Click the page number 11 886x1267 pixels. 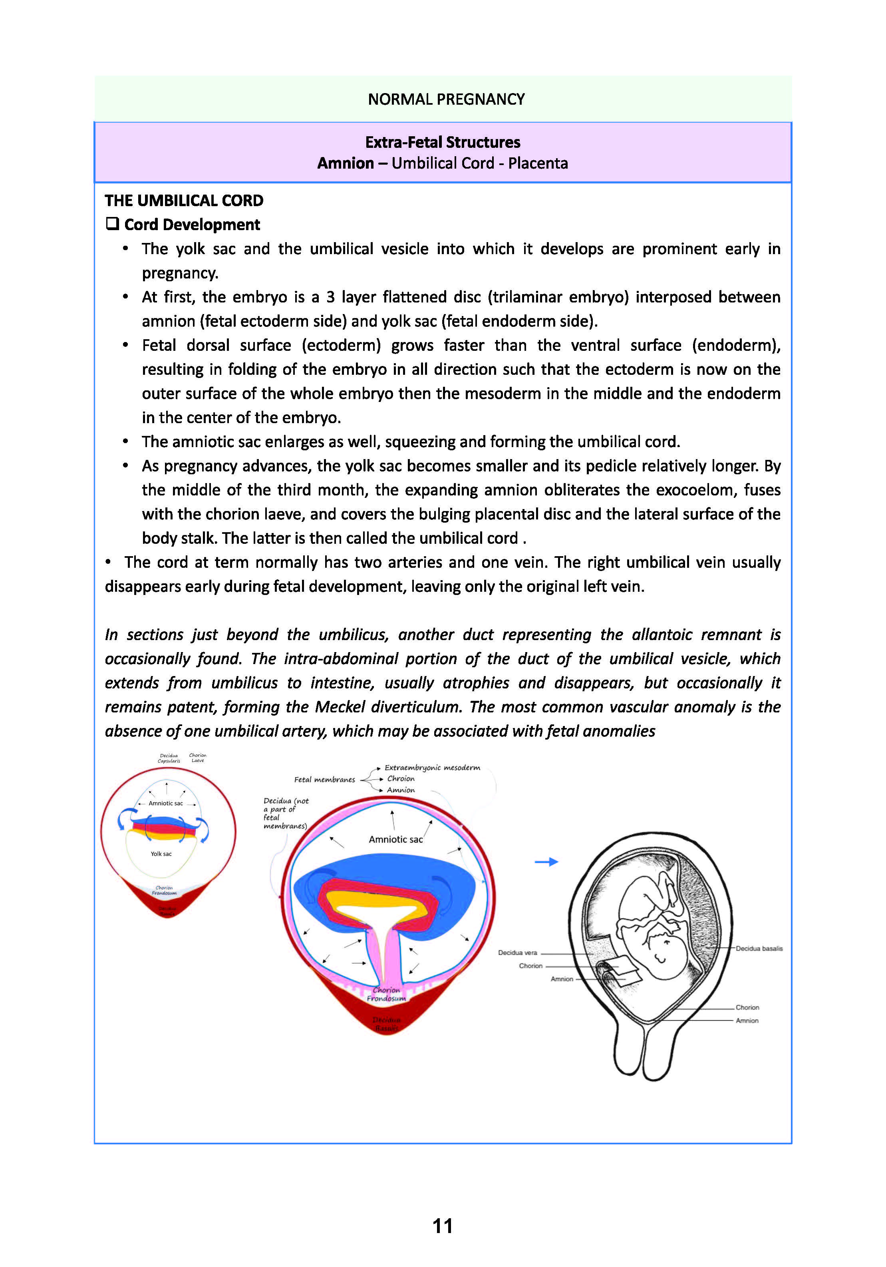[x=443, y=1225]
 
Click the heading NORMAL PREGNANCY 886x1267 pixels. [x=446, y=99]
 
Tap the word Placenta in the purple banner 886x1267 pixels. [x=538, y=163]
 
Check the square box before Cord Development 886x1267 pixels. [x=113, y=224]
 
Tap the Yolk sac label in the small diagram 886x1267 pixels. [x=161, y=854]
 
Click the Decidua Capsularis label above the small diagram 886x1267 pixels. [x=169, y=758]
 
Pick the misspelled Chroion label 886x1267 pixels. [x=401, y=779]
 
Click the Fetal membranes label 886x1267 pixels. [x=324, y=780]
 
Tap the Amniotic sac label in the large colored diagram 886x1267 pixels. [x=395, y=839]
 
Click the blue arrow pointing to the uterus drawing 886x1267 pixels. [x=546, y=862]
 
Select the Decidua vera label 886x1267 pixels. [x=517, y=953]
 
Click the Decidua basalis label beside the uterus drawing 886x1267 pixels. [x=759, y=949]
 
